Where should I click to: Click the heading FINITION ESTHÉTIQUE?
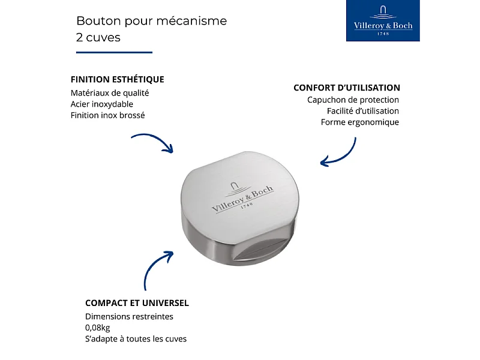tap(117, 79)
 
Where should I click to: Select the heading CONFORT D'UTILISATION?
tap(347, 88)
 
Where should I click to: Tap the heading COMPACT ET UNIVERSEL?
tap(137, 303)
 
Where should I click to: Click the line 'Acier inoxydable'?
tap(101, 104)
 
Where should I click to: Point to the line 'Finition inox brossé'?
tap(107, 115)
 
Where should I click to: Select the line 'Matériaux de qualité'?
tap(109, 93)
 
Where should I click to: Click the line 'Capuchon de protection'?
tap(353, 100)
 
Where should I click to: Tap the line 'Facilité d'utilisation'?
tap(362, 111)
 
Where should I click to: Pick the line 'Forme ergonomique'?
tap(359, 122)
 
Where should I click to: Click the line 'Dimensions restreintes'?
tap(129, 316)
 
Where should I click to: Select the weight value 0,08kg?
tap(98, 328)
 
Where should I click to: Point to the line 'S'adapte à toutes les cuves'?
tap(136, 339)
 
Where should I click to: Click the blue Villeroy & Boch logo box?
tap(383, 21)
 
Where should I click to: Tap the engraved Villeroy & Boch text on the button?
tap(242, 197)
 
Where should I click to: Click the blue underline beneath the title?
tap(114, 53)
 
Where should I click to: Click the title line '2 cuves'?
tap(98, 37)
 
